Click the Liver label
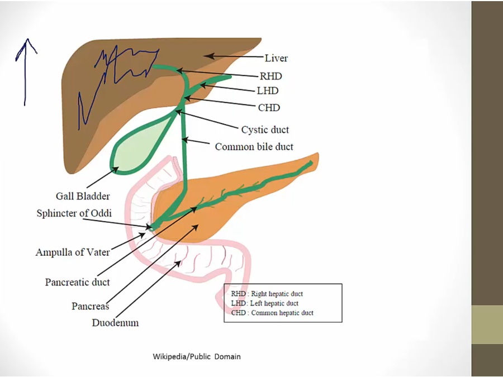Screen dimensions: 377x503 (x=276, y=58)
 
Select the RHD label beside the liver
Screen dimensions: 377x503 (x=271, y=76)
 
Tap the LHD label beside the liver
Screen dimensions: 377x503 (x=268, y=90)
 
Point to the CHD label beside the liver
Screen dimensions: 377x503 (x=269, y=107)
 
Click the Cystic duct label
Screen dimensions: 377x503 (x=265, y=130)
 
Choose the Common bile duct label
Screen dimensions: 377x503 (x=254, y=146)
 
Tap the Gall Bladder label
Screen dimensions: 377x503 (x=83, y=196)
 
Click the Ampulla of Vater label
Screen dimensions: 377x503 (x=73, y=252)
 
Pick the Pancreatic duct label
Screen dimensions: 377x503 (x=77, y=282)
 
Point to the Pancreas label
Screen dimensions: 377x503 (x=90, y=306)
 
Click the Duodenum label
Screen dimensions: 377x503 (x=115, y=322)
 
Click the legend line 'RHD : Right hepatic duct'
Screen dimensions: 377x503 (x=267, y=294)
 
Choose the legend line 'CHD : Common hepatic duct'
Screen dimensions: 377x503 (x=272, y=313)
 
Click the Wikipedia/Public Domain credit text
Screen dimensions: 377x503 (x=197, y=356)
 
